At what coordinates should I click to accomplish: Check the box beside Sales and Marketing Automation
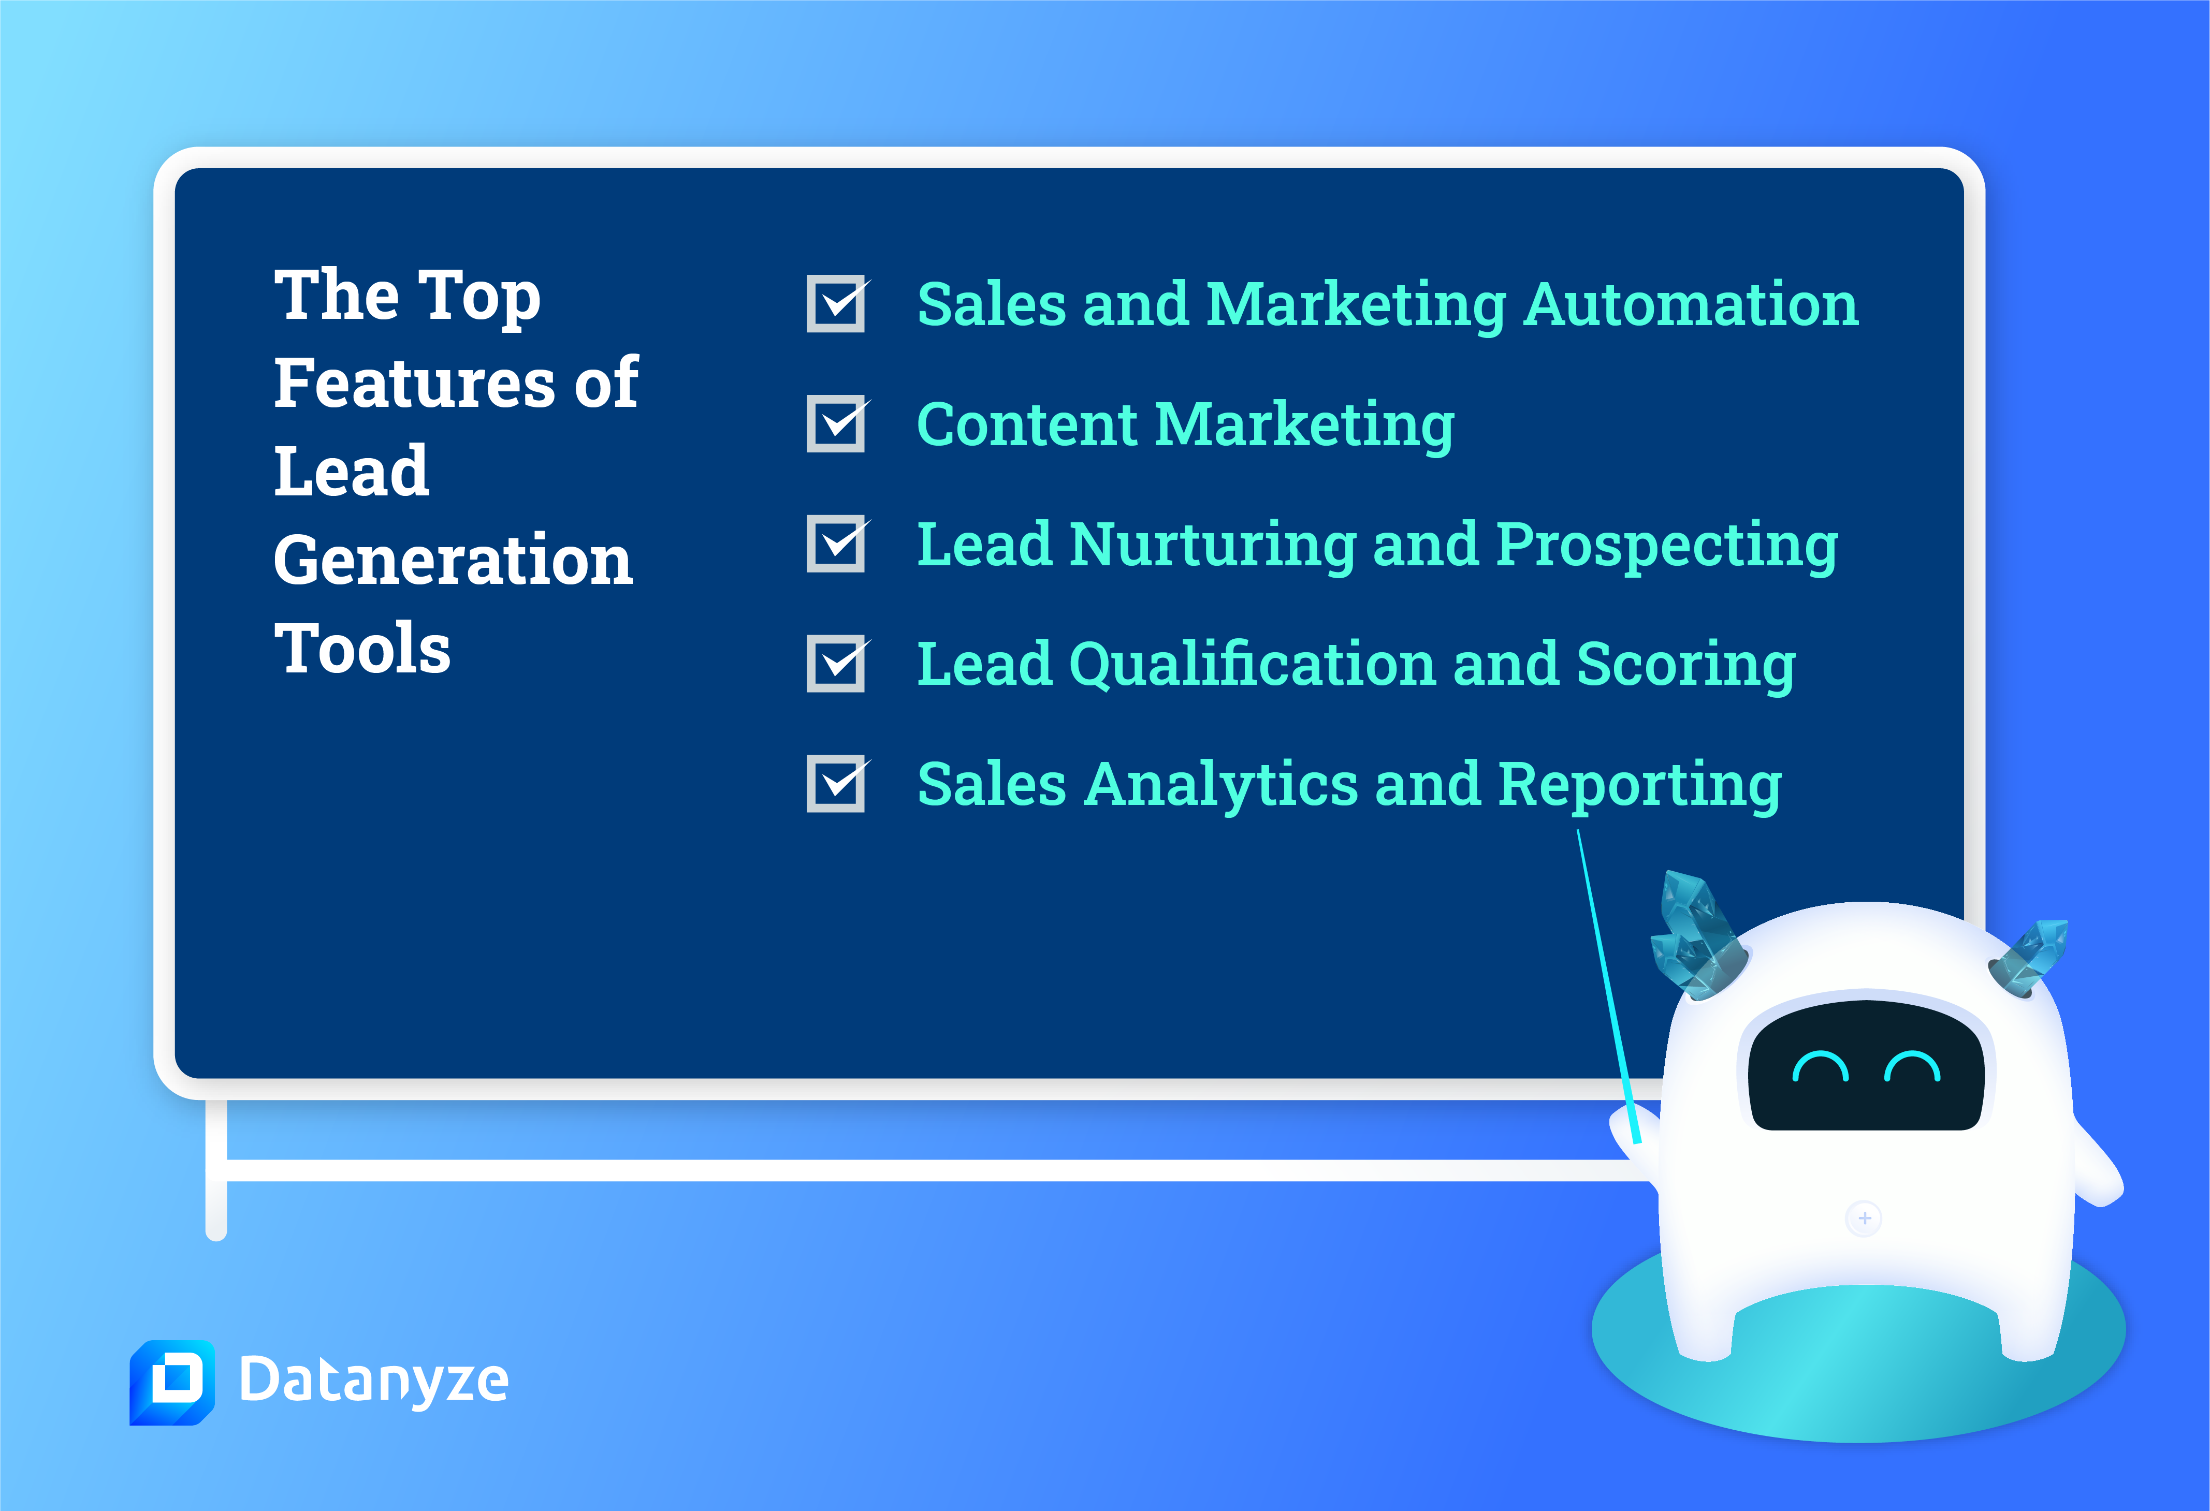tap(836, 303)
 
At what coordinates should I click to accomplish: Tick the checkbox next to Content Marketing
tap(836, 423)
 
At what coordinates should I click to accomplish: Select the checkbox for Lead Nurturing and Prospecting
tap(836, 543)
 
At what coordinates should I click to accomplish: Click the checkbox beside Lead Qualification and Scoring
tap(836, 663)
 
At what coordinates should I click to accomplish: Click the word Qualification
tap(1253, 665)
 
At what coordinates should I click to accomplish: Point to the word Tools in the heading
tap(362, 649)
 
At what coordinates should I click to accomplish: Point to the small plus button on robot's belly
tap(1864, 1218)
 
